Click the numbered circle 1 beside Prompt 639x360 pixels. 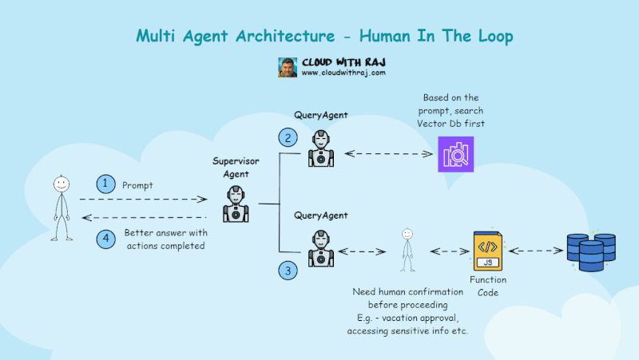[105, 184]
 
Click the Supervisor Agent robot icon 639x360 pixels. [236, 203]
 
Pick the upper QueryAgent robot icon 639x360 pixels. [320, 148]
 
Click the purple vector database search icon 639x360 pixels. [456, 153]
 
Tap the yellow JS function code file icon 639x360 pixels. [487, 251]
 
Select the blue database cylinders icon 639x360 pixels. [590, 252]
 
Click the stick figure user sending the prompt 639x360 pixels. [62, 207]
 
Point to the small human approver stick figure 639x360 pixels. [407, 249]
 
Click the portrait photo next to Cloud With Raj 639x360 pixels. [288, 67]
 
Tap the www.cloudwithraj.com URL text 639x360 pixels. [343, 73]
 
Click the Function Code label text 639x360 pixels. [488, 287]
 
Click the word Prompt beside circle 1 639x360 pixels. [137, 185]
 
